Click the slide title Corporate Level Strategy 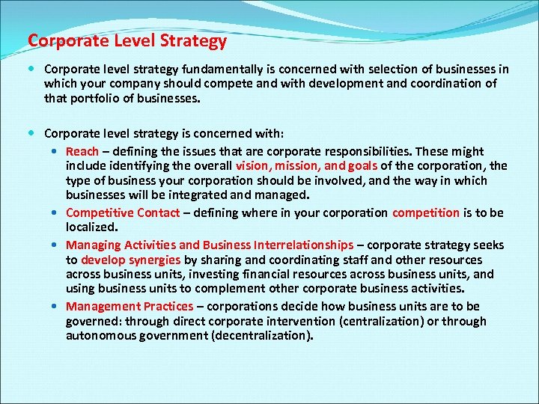coord(127,40)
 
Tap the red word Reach coord(82,151)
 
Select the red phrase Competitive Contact coord(123,212)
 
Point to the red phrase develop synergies coord(131,260)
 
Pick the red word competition coord(426,212)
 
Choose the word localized coord(91,227)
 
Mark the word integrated coord(207,195)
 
